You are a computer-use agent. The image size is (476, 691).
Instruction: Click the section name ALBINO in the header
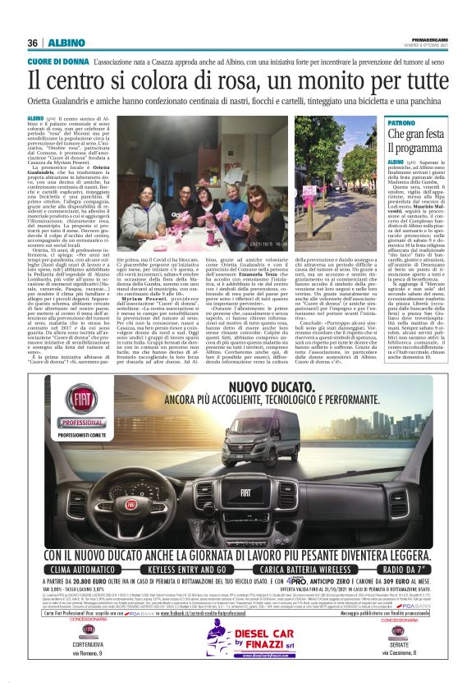[62, 43]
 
